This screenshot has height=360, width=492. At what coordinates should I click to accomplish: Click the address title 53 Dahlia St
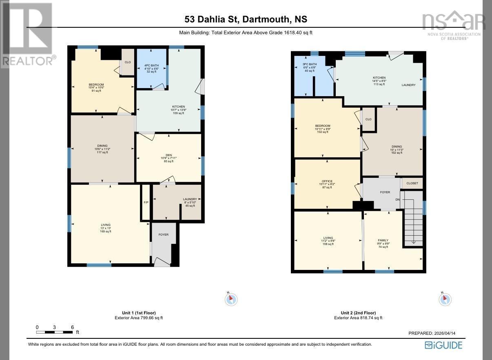246,19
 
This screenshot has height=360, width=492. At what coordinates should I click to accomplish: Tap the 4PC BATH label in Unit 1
151,65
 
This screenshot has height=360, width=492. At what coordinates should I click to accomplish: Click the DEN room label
168,155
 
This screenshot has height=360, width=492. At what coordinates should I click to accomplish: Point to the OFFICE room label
327,181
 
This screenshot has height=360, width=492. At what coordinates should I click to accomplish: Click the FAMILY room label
383,241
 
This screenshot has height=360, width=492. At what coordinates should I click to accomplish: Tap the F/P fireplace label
146,203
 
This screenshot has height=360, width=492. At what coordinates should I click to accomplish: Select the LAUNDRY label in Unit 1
190,199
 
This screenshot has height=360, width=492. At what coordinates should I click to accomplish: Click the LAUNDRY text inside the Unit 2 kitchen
408,85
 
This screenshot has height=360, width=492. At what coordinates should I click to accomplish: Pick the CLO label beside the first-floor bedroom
128,62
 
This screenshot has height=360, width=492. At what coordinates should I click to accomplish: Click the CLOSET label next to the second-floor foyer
412,183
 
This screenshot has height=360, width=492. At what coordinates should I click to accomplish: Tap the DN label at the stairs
397,199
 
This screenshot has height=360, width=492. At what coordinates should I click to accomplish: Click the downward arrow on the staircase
413,241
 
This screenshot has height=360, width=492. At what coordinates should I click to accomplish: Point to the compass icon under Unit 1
231,299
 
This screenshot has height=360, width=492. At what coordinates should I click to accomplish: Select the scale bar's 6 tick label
72,327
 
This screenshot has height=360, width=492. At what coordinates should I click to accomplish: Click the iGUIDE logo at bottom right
443,345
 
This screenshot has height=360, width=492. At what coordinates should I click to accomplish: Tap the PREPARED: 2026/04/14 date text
437,333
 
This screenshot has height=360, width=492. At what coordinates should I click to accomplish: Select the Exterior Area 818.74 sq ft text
358,318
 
